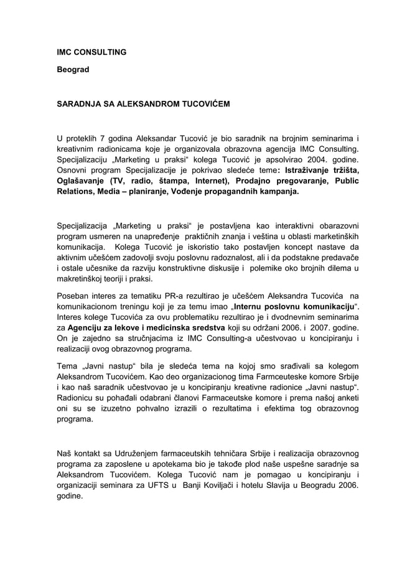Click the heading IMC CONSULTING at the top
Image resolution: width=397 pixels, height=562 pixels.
[x=91, y=52]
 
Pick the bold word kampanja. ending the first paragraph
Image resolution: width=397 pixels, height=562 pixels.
[x=278, y=192]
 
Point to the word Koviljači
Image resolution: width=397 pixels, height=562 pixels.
[x=215, y=486]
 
